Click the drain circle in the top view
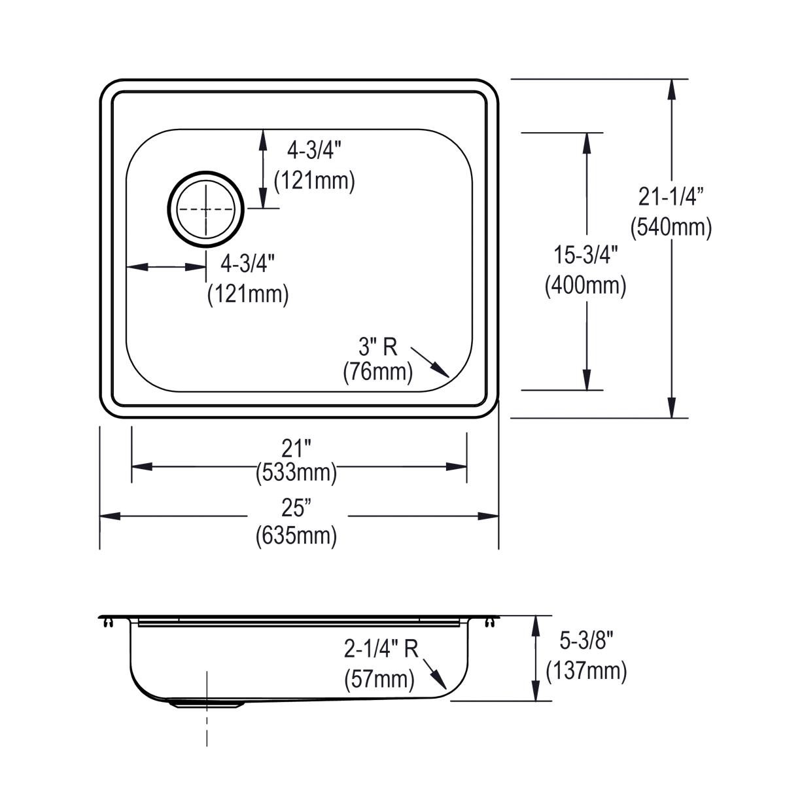207,209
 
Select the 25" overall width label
296,508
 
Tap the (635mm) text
296,536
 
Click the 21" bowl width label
296,449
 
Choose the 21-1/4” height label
671,196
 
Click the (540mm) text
671,227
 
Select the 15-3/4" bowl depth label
585,256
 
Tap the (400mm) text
585,286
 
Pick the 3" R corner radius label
378,347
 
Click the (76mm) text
378,372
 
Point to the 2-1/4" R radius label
381,649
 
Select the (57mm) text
379,679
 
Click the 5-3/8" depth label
585,641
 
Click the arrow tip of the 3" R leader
448,377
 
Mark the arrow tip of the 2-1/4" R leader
446,689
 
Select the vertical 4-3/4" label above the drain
315,151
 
